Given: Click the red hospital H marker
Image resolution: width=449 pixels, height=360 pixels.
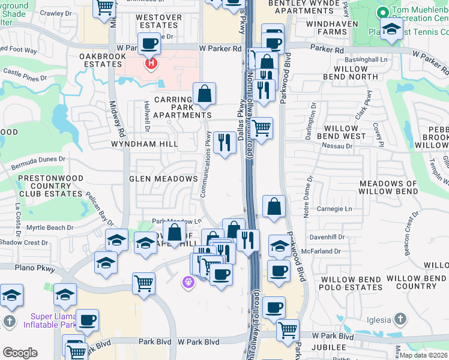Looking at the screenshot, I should pos(151,62).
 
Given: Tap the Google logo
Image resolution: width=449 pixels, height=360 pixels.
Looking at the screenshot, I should pos(20,353).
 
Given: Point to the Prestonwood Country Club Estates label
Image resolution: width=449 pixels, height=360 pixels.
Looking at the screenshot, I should pos(50,186).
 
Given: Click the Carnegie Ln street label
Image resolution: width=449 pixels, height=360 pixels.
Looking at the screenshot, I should pos(335,209).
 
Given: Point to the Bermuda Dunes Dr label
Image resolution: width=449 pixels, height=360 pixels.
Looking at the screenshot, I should pos(40,160).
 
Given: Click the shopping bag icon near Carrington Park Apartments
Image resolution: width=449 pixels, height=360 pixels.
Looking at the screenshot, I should pos(204,94).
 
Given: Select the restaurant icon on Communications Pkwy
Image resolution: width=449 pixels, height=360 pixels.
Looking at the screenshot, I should pos(224,142).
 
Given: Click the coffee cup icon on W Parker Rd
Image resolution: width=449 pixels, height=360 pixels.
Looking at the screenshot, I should pos(149,43).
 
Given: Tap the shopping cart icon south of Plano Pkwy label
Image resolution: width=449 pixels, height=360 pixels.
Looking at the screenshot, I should pos(143,283).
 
